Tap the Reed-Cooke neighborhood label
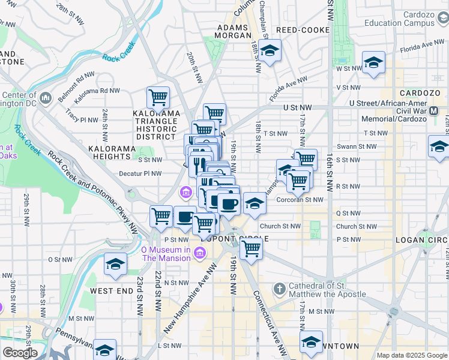click(303, 30)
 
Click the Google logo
click(19, 353)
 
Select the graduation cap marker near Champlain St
click(270, 52)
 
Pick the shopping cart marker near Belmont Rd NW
click(158, 97)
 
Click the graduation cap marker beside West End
click(115, 265)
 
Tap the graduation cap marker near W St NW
click(373, 63)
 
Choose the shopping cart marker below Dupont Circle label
click(251, 247)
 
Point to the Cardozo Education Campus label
click(400, 19)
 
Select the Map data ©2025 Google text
click(411, 355)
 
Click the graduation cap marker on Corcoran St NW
click(255, 204)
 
